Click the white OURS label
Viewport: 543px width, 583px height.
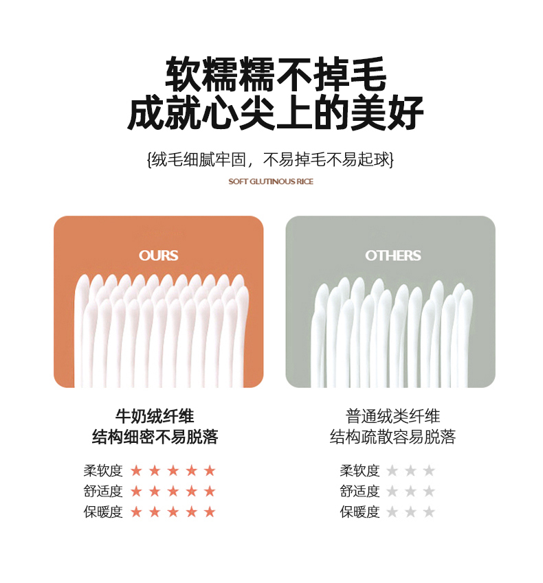click(x=159, y=255)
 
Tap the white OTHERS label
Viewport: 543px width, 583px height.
click(x=392, y=255)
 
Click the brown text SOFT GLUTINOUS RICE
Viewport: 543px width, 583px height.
click(x=271, y=181)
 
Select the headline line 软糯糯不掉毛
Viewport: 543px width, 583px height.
click(x=276, y=74)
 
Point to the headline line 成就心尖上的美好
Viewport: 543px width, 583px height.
click(x=276, y=112)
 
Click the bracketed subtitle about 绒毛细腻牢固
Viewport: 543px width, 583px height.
click(x=271, y=160)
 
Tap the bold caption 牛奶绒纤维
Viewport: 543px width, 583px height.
click(x=155, y=416)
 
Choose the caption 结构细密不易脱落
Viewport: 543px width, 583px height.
click(x=155, y=437)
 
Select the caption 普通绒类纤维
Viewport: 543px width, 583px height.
click(x=392, y=416)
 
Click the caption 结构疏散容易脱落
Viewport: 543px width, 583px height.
click(x=392, y=437)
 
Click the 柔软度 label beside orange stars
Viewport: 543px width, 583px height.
click(x=103, y=470)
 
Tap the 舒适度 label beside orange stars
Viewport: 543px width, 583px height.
click(x=103, y=491)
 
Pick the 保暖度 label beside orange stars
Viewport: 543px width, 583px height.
click(x=103, y=512)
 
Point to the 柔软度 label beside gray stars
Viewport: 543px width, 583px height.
click(x=359, y=470)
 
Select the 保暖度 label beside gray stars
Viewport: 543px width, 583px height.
click(x=359, y=512)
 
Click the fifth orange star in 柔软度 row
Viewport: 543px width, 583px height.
click(x=210, y=470)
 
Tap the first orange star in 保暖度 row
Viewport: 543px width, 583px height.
click(x=136, y=512)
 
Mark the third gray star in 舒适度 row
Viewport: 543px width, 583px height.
click(x=429, y=491)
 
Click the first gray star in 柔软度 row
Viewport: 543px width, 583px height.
click(x=392, y=470)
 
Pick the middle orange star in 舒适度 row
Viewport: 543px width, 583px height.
click(x=173, y=491)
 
